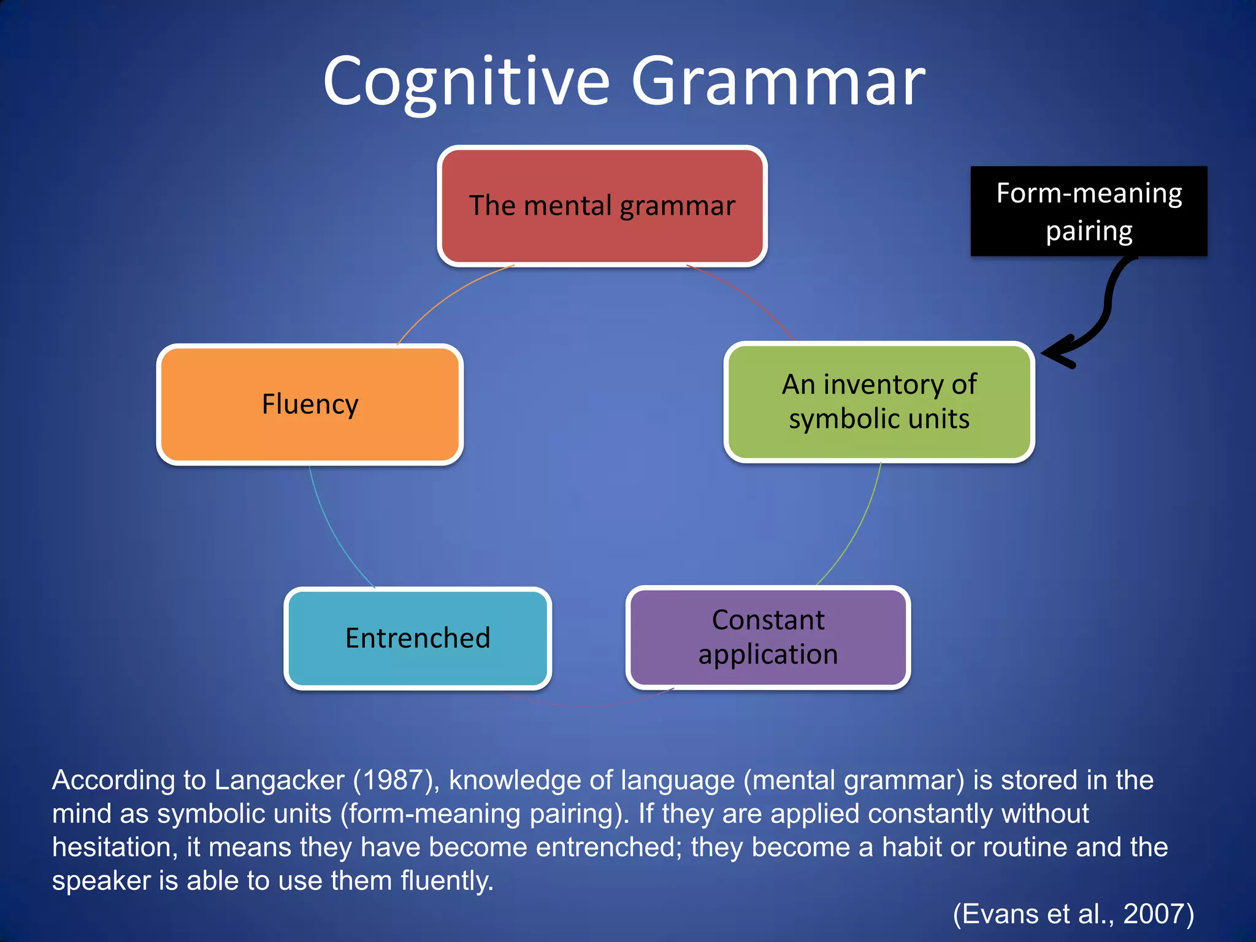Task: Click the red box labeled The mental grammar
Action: click(602, 206)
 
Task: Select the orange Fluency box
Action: click(310, 404)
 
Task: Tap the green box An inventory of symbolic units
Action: click(879, 402)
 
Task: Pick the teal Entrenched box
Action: click(418, 638)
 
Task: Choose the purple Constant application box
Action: click(768, 637)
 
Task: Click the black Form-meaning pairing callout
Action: click(1089, 211)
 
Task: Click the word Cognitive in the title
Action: click(466, 82)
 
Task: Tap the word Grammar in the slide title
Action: click(778, 82)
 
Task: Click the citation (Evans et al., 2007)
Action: click(1073, 914)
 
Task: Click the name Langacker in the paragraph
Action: click(279, 780)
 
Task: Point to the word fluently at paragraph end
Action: click(446, 881)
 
